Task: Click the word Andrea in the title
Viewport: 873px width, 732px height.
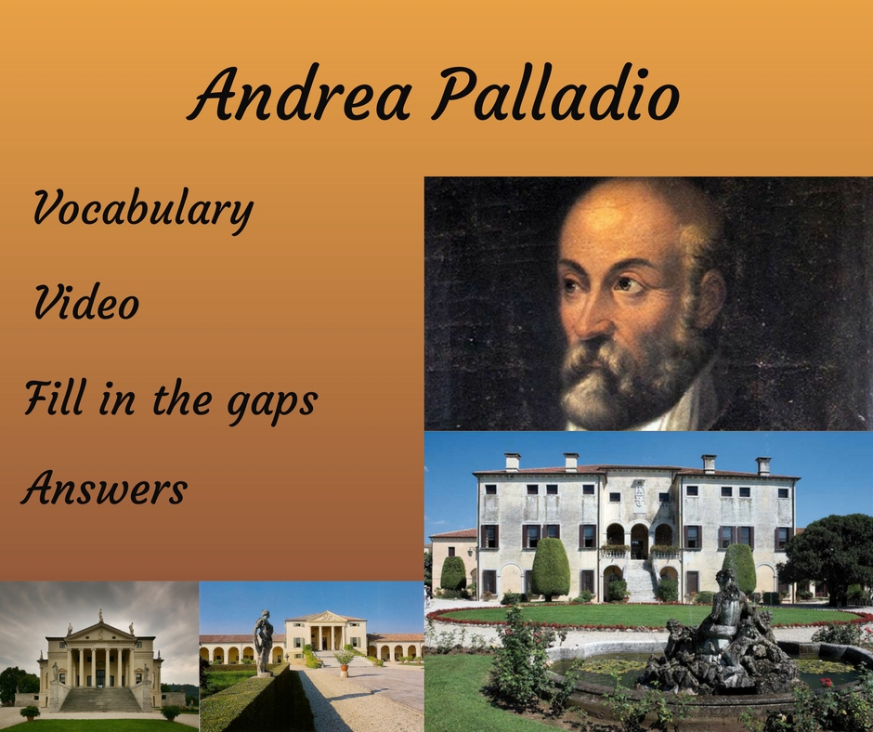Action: tap(300, 93)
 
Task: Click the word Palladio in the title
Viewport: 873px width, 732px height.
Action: tap(556, 94)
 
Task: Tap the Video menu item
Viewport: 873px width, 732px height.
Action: tap(86, 303)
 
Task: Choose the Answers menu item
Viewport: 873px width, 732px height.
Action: tap(104, 488)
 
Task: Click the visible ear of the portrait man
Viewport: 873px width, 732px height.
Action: tap(710, 298)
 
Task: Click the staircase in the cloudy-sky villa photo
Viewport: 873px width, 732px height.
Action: tap(101, 699)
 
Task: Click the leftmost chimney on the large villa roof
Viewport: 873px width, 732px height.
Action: tap(513, 462)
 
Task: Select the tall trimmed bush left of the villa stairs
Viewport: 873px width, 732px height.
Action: tap(551, 569)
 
